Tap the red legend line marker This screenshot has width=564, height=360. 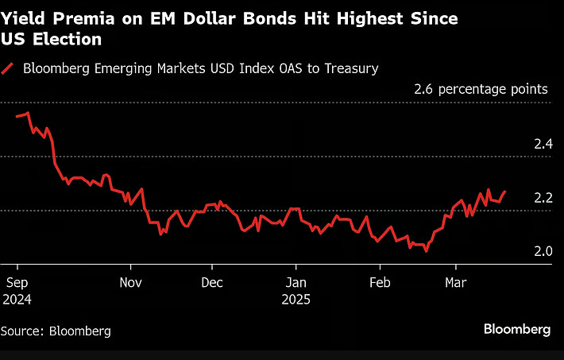(x=9, y=68)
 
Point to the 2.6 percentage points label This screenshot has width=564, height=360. (x=481, y=89)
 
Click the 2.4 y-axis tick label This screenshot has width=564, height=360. (x=543, y=144)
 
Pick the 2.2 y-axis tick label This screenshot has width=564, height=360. (x=543, y=198)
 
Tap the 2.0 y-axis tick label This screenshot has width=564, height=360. (x=543, y=251)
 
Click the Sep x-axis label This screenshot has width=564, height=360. (x=17, y=282)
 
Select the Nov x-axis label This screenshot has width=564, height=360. (x=131, y=282)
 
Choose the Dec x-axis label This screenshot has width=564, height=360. (x=212, y=282)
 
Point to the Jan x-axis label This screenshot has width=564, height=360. (x=296, y=282)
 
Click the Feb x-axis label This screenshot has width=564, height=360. (x=380, y=282)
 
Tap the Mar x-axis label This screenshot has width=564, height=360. (x=455, y=282)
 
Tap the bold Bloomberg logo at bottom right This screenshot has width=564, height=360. (x=517, y=329)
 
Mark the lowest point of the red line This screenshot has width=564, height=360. (x=427, y=251)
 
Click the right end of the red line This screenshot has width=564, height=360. (x=505, y=191)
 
